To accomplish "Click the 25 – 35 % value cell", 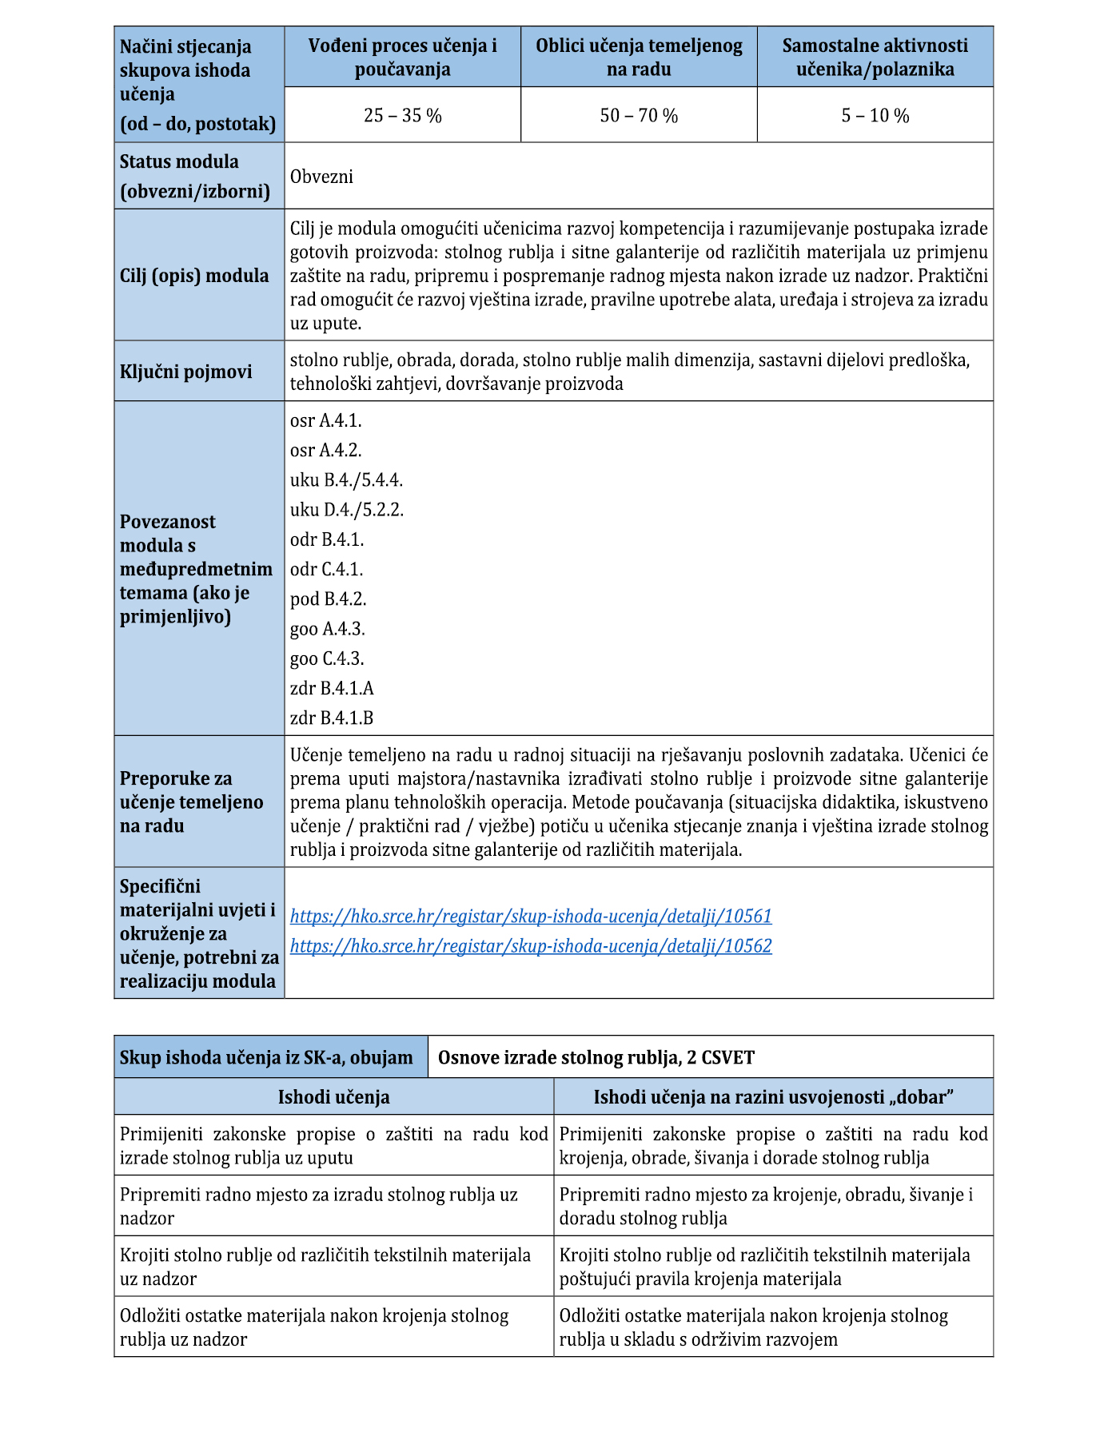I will tap(402, 116).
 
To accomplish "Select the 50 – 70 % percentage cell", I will tap(639, 116).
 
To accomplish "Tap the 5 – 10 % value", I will tap(875, 116).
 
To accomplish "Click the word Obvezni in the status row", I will tap(321, 177).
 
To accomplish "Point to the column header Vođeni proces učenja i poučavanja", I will tap(402, 58).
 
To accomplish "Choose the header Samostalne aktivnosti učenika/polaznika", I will tap(875, 58).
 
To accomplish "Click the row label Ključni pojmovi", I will tap(185, 372).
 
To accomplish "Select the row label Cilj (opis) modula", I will tap(194, 276).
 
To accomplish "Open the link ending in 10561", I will tap(531, 916).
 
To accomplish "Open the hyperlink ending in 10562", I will tap(531, 946).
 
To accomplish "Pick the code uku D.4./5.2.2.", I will tap(347, 510).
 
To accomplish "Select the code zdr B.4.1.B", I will tap(332, 718).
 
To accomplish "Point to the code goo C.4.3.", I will tap(327, 658).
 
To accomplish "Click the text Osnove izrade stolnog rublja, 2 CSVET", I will tap(596, 1058).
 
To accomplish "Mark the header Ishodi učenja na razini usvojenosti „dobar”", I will tap(773, 1097).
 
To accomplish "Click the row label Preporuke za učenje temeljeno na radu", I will tap(191, 802).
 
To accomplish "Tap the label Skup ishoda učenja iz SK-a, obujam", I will tap(266, 1058).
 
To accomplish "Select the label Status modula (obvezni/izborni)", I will tap(195, 177).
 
